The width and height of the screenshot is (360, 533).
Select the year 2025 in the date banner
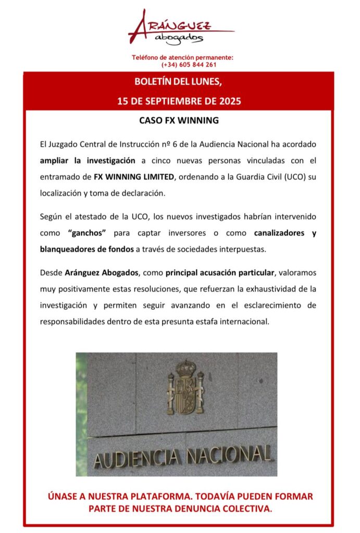pos(230,101)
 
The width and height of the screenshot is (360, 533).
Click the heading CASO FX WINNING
pos(179,120)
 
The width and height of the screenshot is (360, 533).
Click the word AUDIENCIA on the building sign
pos(136,459)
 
